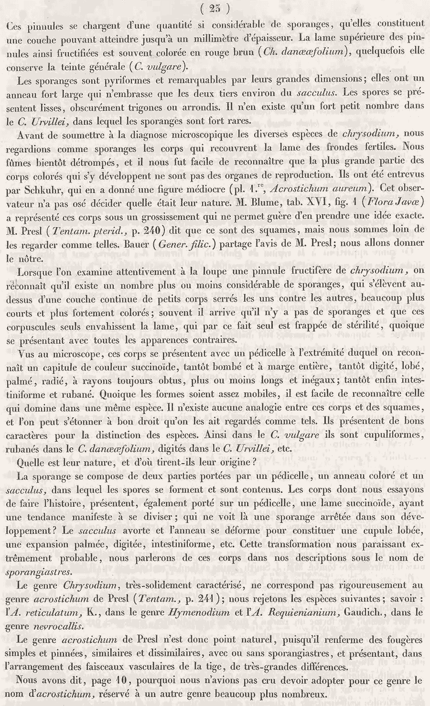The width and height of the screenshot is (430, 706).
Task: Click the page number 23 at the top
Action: (215, 8)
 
